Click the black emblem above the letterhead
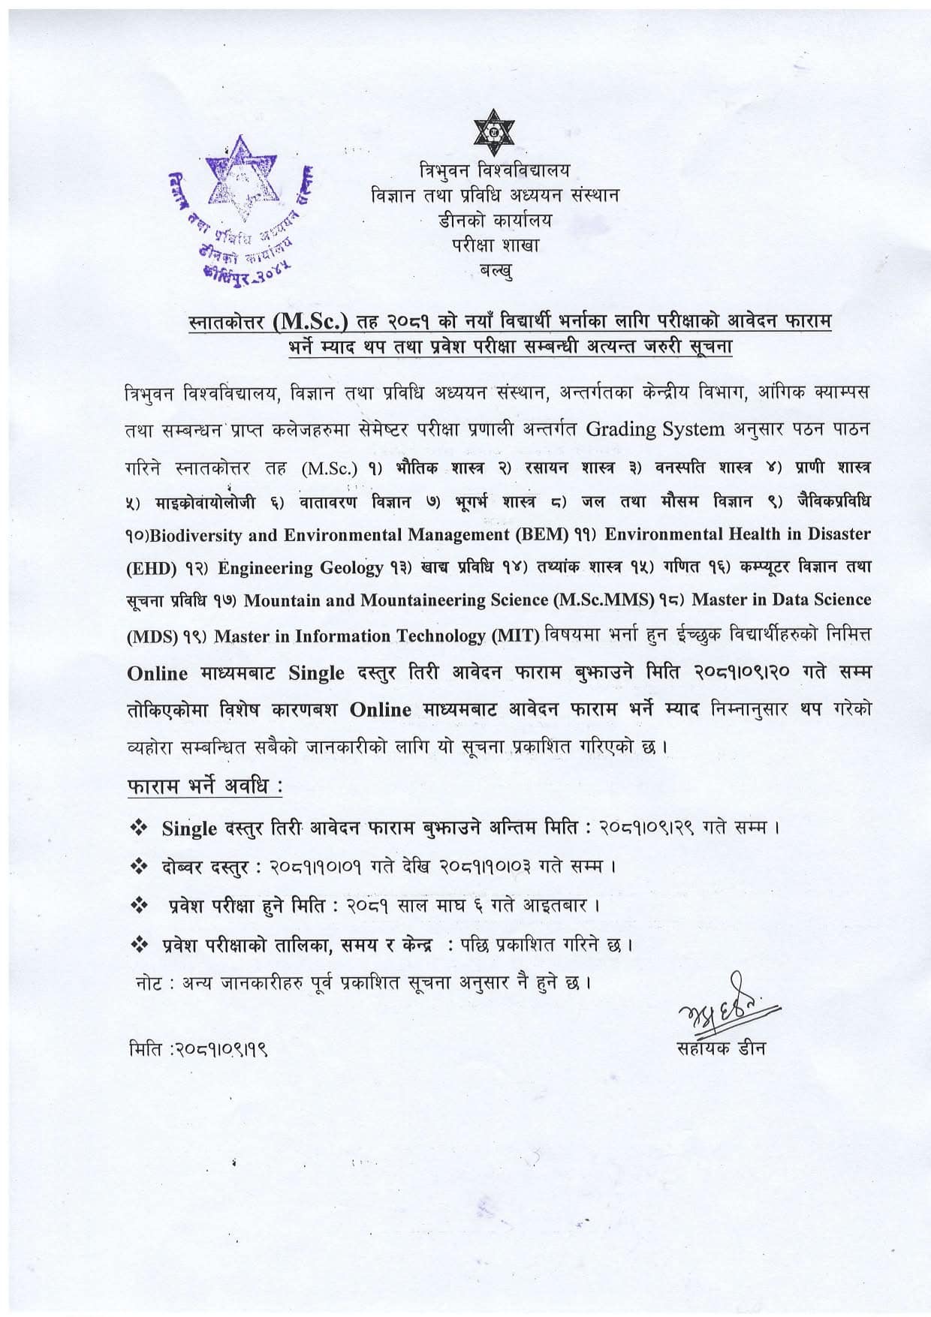[494, 132]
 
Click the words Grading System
[655, 429]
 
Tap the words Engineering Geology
[300, 568]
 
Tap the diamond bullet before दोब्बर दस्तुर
[138, 867]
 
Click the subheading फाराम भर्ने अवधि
[204, 789]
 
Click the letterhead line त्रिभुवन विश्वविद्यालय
[495, 170]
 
